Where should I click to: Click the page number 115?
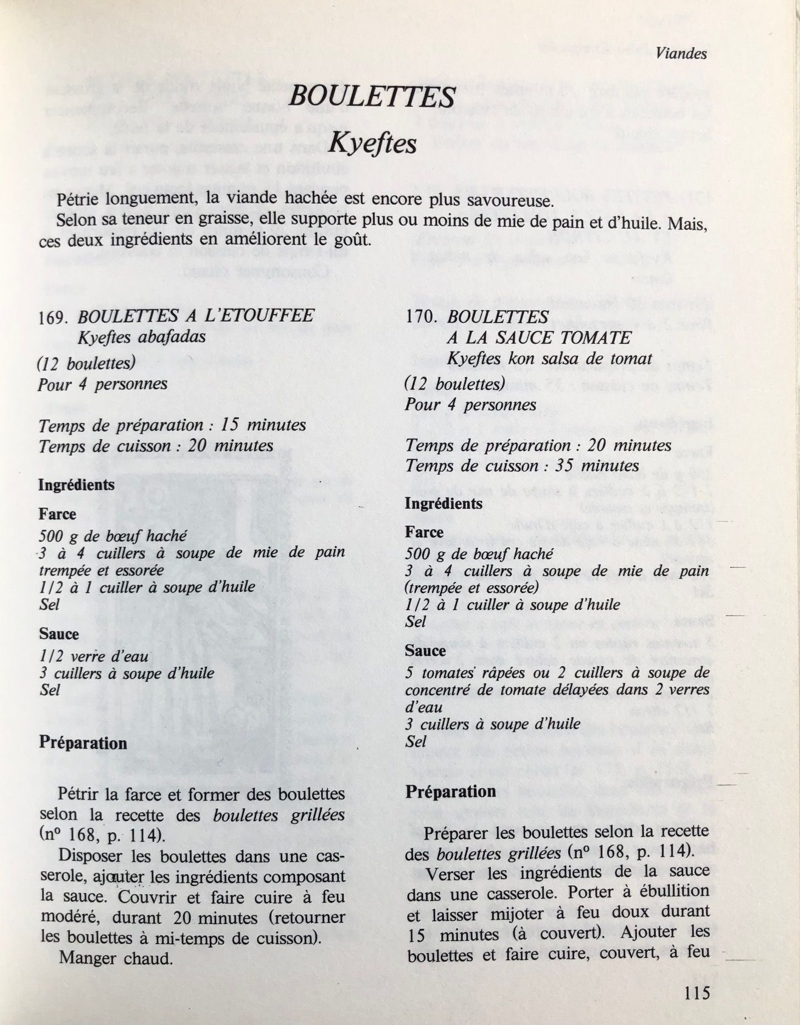point(697,993)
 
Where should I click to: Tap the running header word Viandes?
point(681,54)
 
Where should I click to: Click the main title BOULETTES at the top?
point(372,97)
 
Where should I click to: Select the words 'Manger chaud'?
point(115,958)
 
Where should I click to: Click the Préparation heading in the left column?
point(83,743)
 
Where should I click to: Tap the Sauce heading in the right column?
point(425,650)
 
